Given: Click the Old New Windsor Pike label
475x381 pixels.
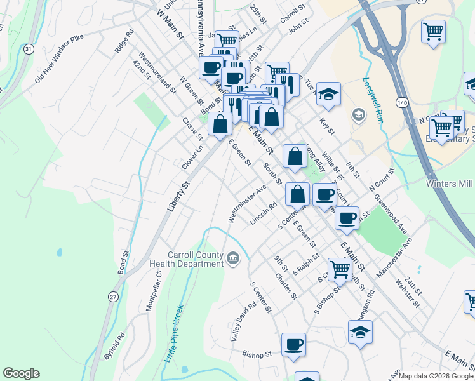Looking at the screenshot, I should coord(60,58).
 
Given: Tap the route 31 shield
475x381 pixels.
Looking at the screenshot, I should coord(28,48).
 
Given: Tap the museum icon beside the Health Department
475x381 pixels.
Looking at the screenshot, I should coord(233,258).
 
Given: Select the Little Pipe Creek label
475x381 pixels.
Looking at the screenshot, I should coord(173,333).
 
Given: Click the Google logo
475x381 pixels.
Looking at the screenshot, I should coord(21,373).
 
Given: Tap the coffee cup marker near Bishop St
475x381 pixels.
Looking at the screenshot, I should coord(293,345).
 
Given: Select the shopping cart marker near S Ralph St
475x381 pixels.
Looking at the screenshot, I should coord(340,269).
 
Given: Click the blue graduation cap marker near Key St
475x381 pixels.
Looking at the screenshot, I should coord(328,94).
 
